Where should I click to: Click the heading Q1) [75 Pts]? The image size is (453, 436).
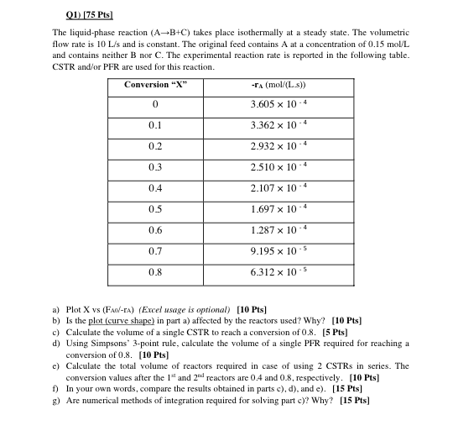coord(88,16)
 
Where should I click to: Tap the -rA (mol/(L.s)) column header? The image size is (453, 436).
coord(278,85)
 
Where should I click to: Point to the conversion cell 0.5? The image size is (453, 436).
coord(155,207)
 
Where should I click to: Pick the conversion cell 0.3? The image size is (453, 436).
coord(155,166)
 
